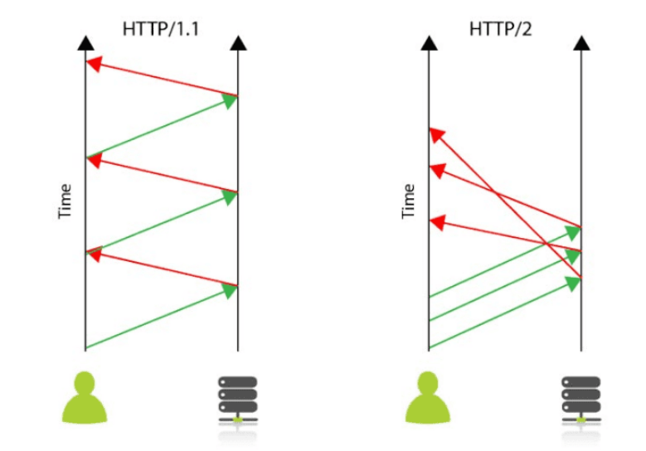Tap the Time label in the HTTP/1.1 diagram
click(x=66, y=201)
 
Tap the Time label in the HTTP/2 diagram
click(x=408, y=201)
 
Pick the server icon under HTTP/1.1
click(x=237, y=400)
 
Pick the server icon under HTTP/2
click(x=580, y=400)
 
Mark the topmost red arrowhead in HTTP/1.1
click(x=94, y=63)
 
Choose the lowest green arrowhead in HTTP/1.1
click(x=229, y=290)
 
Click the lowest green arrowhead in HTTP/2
click(x=572, y=284)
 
